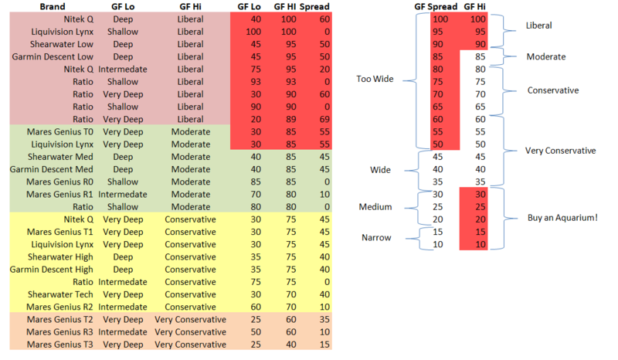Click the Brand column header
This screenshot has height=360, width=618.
click(53, 6)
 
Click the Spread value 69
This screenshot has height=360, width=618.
click(324, 119)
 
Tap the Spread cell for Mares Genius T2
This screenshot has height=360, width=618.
click(324, 319)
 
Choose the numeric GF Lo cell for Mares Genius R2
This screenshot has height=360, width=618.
click(254, 307)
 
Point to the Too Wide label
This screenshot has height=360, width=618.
click(373, 79)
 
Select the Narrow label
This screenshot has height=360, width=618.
click(375, 238)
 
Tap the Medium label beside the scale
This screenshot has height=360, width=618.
click(375, 206)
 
